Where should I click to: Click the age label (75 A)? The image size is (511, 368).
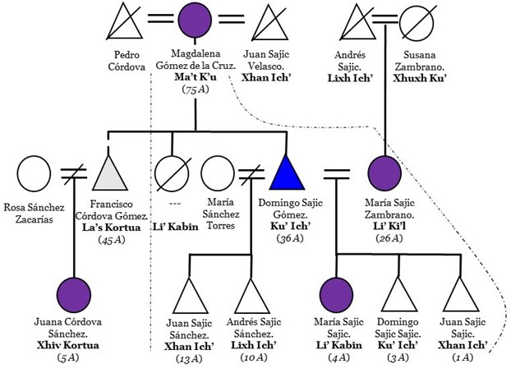pos(195,90)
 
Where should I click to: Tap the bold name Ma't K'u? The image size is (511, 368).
pos(195,77)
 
